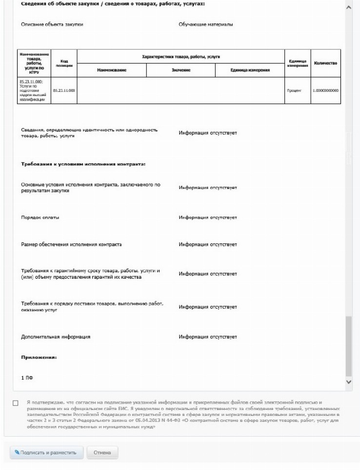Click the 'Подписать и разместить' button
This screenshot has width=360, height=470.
pos(46,452)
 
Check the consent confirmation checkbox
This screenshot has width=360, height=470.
pos(16,403)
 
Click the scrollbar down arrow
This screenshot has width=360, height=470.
pos(348,382)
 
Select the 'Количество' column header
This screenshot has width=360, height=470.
pos(326,63)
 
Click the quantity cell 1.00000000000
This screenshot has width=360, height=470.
pos(326,90)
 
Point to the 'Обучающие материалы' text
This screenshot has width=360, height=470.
pos(205,24)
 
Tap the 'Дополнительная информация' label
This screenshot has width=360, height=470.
pos(56,337)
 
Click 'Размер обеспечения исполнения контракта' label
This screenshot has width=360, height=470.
pos(71,244)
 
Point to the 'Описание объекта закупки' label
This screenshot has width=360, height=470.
pos(52,24)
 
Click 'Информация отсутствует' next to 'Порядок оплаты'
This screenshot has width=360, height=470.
pos(207,217)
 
